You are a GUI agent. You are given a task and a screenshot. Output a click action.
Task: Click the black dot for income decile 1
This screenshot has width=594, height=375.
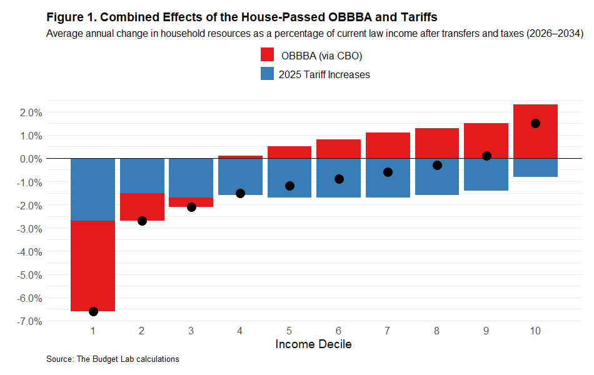coord(93,311)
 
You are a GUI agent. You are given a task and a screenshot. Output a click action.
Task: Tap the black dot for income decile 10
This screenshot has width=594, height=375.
coord(535,123)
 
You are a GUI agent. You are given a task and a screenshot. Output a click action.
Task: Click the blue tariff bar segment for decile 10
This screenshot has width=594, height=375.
coord(535,167)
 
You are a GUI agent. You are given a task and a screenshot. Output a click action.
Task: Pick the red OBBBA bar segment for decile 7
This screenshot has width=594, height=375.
coord(388,145)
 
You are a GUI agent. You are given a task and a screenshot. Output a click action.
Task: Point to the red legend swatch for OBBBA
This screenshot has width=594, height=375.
coord(267,56)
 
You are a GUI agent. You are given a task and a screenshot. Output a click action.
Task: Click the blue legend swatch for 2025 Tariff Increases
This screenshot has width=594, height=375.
coord(267,74)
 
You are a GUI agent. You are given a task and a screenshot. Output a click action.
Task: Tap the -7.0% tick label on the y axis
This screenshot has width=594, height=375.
coord(29,321)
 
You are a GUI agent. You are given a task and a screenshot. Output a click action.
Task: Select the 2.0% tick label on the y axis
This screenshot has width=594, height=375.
coord(31,112)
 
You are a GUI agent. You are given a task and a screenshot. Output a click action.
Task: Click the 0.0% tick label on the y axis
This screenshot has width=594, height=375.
coord(31,159)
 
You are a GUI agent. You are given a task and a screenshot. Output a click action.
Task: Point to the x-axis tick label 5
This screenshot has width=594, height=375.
coord(289,330)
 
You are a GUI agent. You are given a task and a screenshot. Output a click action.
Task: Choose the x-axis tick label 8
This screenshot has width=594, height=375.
coord(437,330)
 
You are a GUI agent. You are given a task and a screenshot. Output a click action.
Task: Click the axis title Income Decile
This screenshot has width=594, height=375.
coord(313,344)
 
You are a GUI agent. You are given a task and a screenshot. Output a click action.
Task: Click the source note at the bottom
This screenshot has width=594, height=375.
coord(113,359)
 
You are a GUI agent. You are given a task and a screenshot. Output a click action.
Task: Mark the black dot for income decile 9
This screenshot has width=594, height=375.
coord(486,156)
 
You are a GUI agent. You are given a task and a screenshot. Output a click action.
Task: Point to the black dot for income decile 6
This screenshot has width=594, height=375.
coord(339,179)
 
